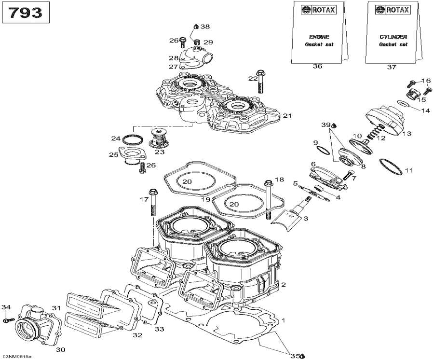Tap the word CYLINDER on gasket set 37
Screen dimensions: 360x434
(x=393, y=37)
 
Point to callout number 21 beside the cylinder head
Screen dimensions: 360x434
(x=287, y=116)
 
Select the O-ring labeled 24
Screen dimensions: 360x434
(x=133, y=139)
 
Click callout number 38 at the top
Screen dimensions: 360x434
(x=205, y=27)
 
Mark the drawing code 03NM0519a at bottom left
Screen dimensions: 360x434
(x=16, y=356)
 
